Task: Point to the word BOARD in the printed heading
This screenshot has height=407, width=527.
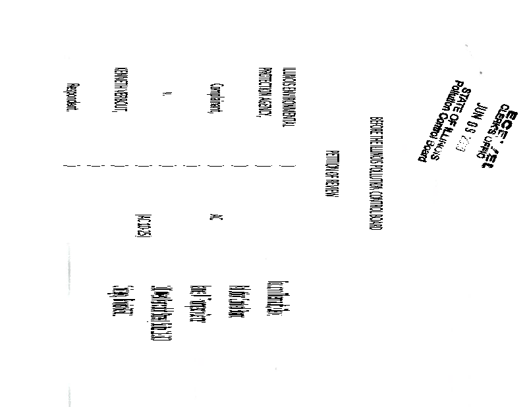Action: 375,220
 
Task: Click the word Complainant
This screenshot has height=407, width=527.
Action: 216,99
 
